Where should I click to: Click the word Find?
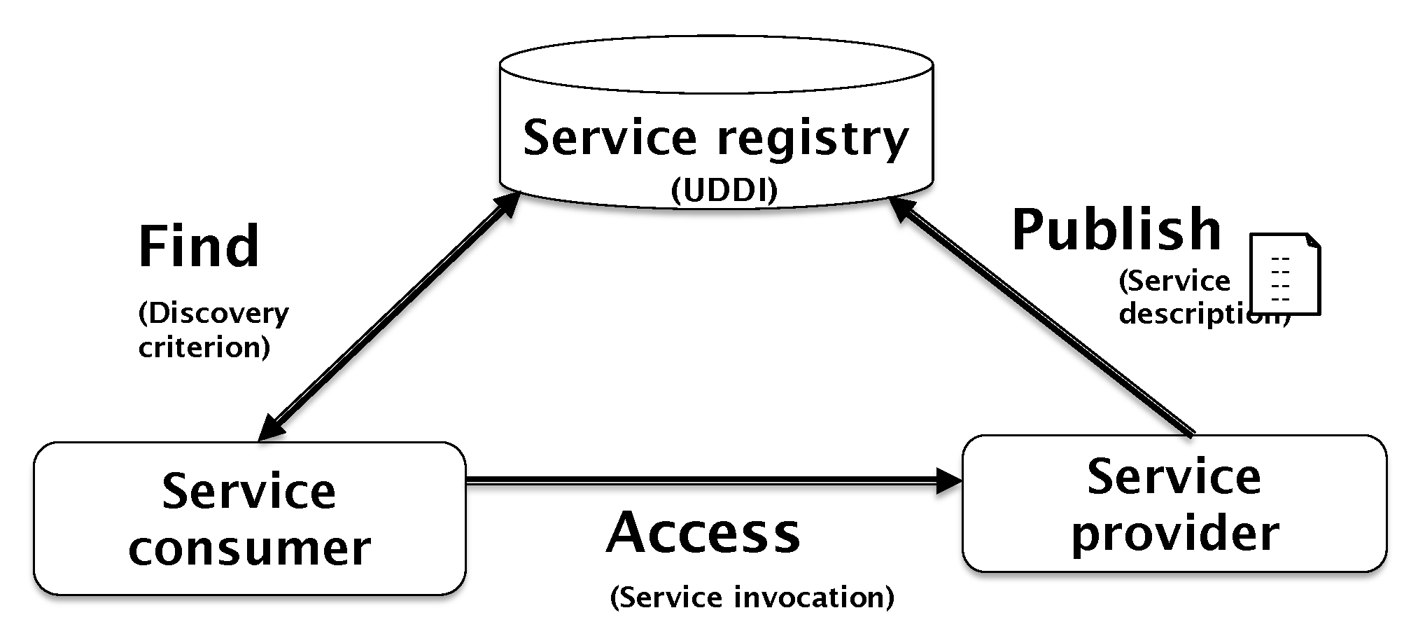(199, 247)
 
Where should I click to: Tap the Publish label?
(1116, 231)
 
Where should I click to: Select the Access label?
(703, 533)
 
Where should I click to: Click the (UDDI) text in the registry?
(724, 191)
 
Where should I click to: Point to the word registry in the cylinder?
(813, 139)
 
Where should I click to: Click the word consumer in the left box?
(249, 548)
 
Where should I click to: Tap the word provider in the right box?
(1175, 534)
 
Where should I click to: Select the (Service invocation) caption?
(752, 597)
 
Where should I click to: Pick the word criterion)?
(204, 347)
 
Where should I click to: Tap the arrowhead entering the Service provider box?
(950, 481)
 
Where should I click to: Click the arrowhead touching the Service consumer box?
(270, 429)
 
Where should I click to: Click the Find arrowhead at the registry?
(507, 205)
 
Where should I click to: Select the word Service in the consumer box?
(249, 492)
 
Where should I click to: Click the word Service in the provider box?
(1174, 477)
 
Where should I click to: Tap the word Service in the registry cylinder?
(610, 137)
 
